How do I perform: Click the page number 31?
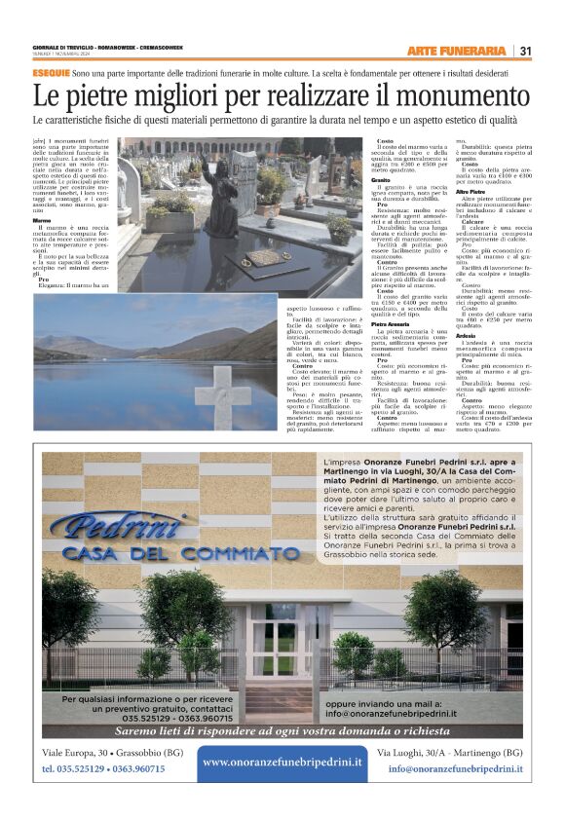point(525,51)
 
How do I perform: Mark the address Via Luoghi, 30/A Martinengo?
point(449,753)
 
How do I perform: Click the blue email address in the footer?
point(454,768)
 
